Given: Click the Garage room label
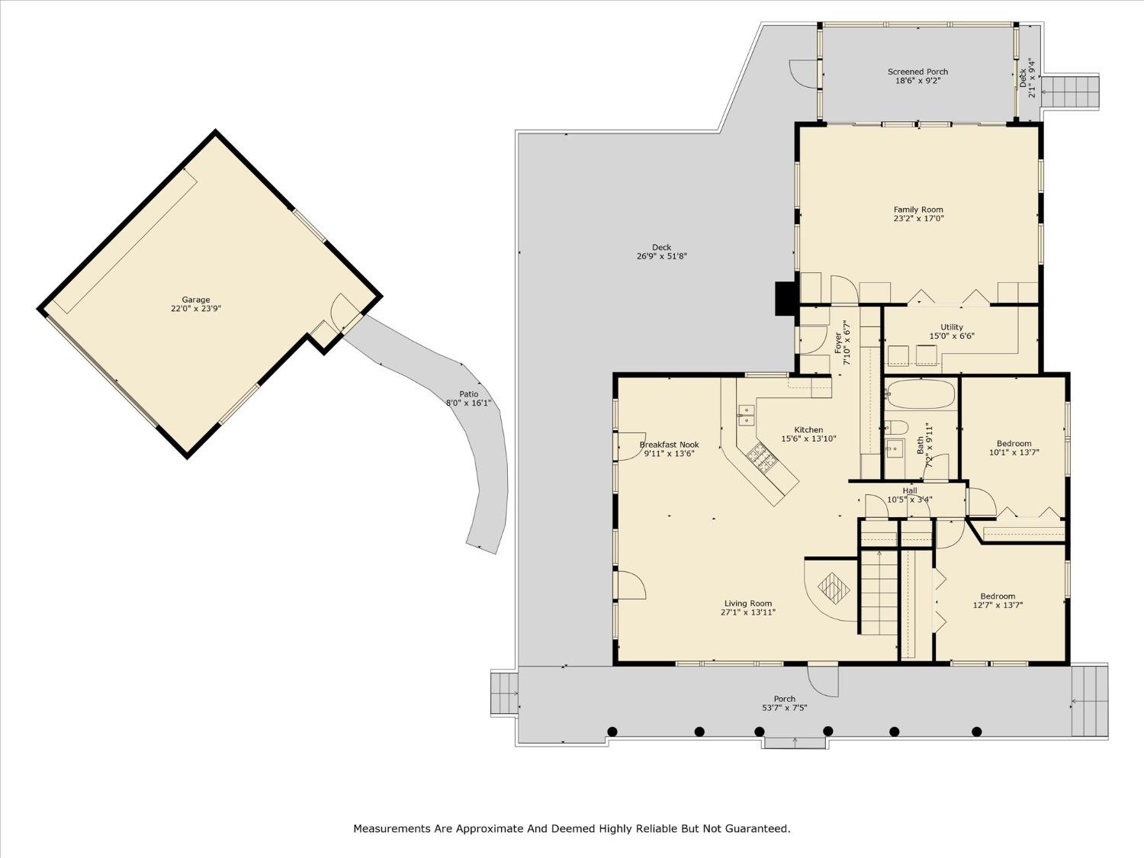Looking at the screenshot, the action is click(x=196, y=300).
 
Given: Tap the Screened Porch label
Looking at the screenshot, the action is click(x=917, y=72).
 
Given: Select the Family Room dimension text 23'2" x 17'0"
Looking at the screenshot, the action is click(x=918, y=219).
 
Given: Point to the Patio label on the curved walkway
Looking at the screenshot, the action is click(x=468, y=394).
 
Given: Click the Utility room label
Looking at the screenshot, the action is click(x=952, y=327).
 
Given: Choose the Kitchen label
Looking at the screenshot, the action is click(x=808, y=430).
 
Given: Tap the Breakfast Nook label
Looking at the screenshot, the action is click(x=669, y=445).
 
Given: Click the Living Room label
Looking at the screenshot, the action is click(x=748, y=604).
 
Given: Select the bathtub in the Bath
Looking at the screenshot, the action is click(x=921, y=394).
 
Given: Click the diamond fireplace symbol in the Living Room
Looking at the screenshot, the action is click(x=834, y=588).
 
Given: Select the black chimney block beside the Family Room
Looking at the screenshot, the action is click(x=785, y=298).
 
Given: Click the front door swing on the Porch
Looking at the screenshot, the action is click(x=824, y=681).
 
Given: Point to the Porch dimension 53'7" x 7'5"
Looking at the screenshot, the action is click(x=784, y=708).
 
